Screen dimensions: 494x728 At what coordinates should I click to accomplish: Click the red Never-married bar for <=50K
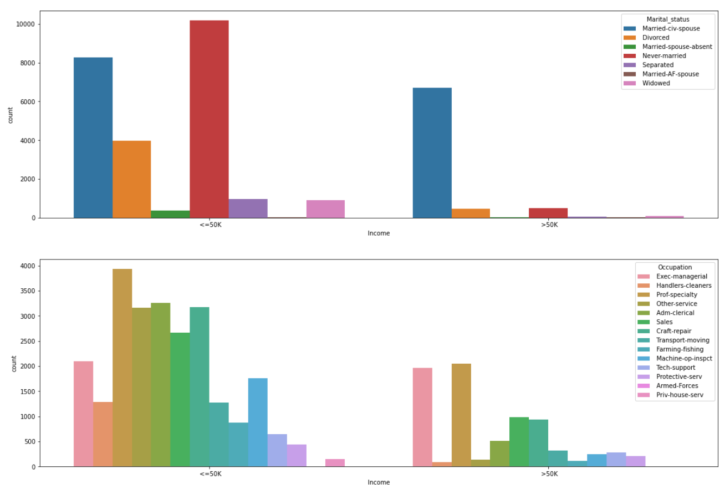pos(209,119)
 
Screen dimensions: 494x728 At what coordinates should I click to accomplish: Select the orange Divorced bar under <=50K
pos(132,179)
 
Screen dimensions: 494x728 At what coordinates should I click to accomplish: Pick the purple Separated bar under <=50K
pos(248,208)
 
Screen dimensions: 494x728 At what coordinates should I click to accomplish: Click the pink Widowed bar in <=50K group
pos(325,209)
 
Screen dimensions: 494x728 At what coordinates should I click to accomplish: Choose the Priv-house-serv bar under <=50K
pos(335,463)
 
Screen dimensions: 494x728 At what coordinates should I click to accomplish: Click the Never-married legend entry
pos(664,56)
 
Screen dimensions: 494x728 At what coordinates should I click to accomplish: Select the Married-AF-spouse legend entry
pos(670,74)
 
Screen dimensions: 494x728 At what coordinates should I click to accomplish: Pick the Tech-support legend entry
pos(676,368)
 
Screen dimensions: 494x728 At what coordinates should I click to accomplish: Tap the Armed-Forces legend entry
pos(677,386)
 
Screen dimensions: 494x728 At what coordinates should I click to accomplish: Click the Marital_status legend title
pos(668,20)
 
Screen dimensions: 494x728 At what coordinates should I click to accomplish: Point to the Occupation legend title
pos(675,268)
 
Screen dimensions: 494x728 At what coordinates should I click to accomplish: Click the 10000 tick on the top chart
pos(25,24)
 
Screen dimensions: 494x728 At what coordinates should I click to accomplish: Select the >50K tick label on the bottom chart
pos(549,474)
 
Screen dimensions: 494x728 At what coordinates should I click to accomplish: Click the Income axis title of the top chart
pos(378,233)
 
